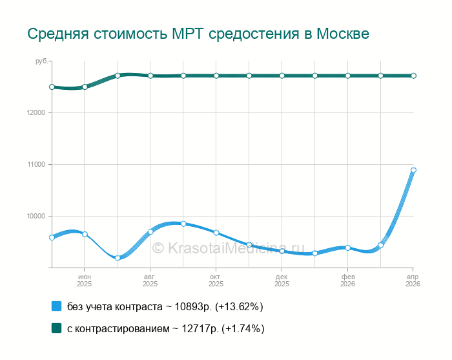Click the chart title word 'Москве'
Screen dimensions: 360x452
343,34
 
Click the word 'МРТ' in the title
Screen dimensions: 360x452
189,34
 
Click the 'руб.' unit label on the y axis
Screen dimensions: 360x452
41,61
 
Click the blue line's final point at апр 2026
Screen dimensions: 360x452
413,170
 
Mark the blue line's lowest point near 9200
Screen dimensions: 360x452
118,258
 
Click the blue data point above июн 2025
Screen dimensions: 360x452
85,234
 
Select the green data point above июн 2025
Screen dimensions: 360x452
85,87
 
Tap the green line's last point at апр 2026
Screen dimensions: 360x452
413,76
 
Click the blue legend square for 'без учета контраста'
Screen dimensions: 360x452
56,306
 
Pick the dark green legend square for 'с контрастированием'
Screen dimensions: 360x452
56,328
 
